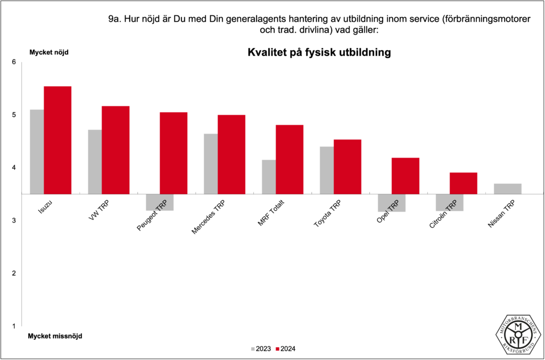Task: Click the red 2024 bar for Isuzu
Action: click(x=57, y=140)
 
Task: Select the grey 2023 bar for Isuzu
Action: click(x=37, y=151)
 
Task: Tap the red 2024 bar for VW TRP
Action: click(x=115, y=150)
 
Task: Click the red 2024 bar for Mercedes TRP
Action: click(x=232, y=154)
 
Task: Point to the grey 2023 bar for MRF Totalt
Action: click(x=269, y=176)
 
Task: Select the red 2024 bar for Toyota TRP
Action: click(x=347, y=166)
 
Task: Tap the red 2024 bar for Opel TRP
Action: click(x=405, y=175)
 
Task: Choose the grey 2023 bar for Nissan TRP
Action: click(x=507, y=189)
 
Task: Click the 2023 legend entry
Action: click(x=261, y=349)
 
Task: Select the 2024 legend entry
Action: click(x=286, y=349)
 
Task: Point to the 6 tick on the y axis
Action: click(x=14, y=62)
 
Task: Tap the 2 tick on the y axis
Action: click(x=14, y=273)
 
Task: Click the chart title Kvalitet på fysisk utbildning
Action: click(x=319, y=53)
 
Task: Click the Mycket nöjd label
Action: click(x=48, y=52)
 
